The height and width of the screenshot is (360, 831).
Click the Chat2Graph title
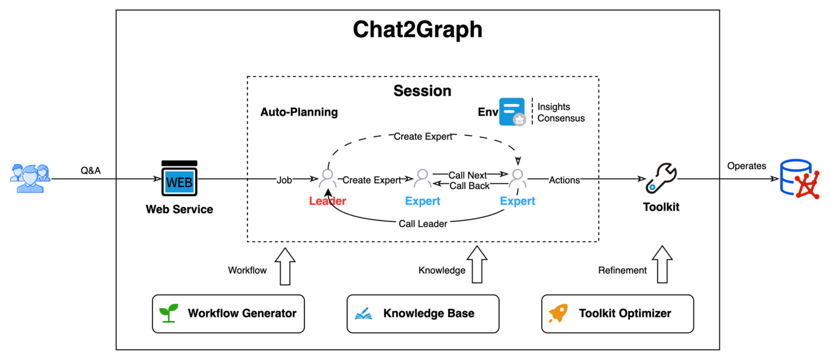tap(417, 30)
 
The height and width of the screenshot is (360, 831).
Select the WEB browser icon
tap(179, 180)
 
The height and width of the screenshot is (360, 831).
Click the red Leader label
tap(327, 201)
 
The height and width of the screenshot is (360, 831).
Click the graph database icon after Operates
tap(800, 179)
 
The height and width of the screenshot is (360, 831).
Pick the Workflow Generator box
tap(228, 314)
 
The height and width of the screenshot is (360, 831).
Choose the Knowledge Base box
tap(422, 314)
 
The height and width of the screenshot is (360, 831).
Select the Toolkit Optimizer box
tap(617, 314)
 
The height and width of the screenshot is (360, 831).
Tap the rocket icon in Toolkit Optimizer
tap(558, 313)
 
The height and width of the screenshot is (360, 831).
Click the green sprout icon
tap(168, 313)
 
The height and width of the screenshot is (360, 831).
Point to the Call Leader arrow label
tap(422, 224)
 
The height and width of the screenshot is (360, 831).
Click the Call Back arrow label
tap(469, 186)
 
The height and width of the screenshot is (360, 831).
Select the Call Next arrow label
tap(468, 175)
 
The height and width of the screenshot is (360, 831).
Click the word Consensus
tap(561, 118)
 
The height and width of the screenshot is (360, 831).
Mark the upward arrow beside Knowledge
tap(477, 265)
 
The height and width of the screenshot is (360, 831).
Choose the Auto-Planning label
tap(299, 112)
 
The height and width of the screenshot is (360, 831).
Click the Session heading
tap(422, 91)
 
